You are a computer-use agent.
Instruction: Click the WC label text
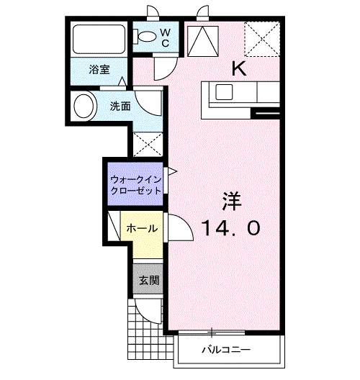coord(164,37)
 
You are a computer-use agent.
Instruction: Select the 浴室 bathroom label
coord(99,69)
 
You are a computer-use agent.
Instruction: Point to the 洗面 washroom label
coord(120,107)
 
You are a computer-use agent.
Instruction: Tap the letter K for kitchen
coord(238,68)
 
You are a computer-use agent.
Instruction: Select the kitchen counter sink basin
coord(222,92)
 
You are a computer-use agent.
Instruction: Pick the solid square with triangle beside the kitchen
coord(204,41)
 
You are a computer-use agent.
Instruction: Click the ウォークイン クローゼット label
coord(135,184)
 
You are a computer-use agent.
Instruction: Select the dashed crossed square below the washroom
coord(148,144)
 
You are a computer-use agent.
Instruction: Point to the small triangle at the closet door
coord(171,171)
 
